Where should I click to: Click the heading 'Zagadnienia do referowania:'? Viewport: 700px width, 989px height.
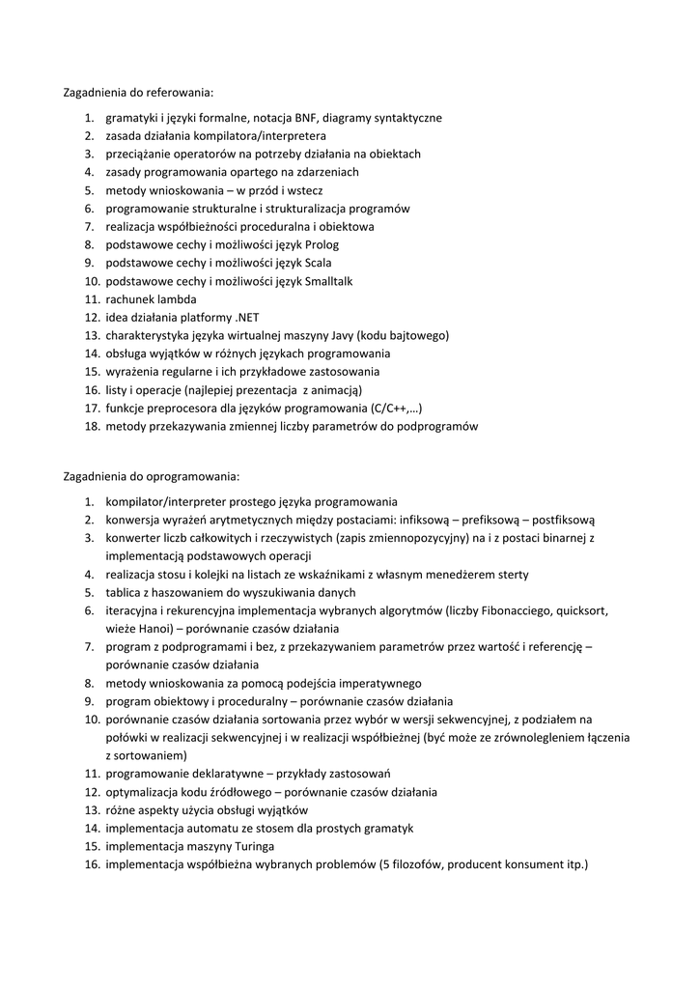(137, 93)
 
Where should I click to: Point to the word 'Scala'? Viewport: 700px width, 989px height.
(319, 263)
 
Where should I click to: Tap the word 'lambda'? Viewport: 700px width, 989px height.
(177, 299)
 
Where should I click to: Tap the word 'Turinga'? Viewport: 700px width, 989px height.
(254, 846)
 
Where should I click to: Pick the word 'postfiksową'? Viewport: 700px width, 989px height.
(564, 520)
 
